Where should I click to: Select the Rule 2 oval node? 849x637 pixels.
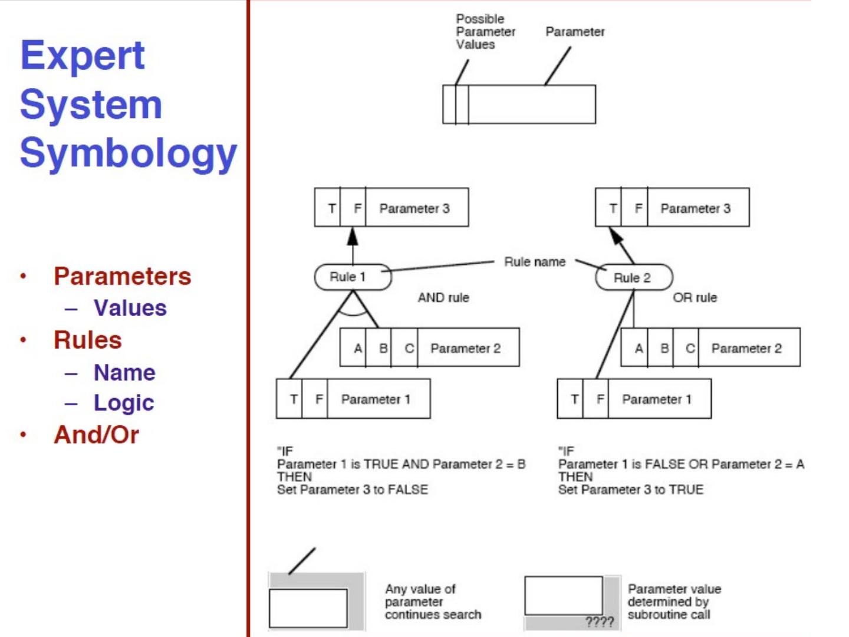pyautogui.click(x=633, y=278)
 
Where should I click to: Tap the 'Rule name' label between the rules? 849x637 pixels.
pyautogui.click(x=534, y=262)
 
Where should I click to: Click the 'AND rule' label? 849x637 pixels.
pyautogui.click(x=443, y=298)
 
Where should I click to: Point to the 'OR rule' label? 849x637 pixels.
pyautogui.click(x=695, y=298)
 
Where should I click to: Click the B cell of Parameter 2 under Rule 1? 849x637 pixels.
pyautogui.click(x=383, y=348)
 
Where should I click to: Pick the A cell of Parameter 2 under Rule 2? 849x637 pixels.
pyautogui.click(x=639, y=348)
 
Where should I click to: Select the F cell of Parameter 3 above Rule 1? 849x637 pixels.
pyautogui.click(x=357, y=208)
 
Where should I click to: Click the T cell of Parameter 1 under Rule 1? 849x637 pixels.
pyautogui.click(x=293, y=399)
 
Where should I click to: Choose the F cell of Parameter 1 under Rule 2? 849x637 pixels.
pyautogui.click(x=600, y=399)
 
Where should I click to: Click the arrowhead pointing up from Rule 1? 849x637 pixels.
pyautogui.click(x=353, y=237)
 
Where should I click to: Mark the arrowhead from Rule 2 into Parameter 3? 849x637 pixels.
pyautogui.click(x=616, y=236)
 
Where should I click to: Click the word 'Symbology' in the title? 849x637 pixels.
pyautogui.click(x=128, y=153)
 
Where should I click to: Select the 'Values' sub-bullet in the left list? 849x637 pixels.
pyautogui.click(x=130, y=308)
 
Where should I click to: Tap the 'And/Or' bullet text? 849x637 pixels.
pyautogui.click(x=96, y=435)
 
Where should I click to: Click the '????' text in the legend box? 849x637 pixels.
pyautogui.click(x=599, y=622)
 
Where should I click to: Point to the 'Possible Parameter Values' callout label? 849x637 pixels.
pyautogui.click(x=485, y=32)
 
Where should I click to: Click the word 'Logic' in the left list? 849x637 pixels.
pyautogui.click(x=123, y=402)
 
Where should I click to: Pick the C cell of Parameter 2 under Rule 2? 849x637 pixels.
pyautogui.click(x=690, y=348)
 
